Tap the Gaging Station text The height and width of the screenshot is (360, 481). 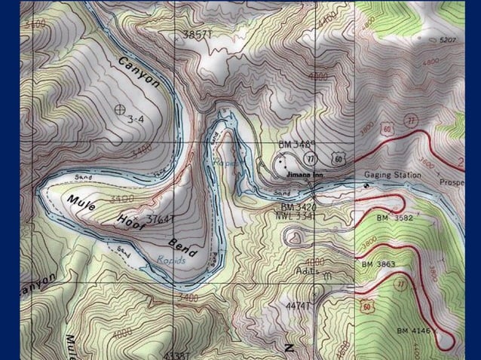coord(393,175)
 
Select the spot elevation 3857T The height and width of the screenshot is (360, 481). coord(198,35)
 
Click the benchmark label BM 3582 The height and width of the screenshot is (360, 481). coord(394,217)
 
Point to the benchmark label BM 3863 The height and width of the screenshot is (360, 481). coord(378,264)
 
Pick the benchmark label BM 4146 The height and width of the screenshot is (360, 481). coord(415,331)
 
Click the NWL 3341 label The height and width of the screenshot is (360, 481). coord(295,215)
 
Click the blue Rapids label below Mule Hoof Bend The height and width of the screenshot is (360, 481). coord(170,261)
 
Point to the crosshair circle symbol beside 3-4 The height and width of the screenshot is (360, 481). coord(118,109)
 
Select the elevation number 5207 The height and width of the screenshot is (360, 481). coord(449,39)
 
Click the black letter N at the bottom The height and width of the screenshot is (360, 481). coord(289,347)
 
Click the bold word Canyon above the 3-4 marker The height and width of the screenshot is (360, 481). coord(139,72)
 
